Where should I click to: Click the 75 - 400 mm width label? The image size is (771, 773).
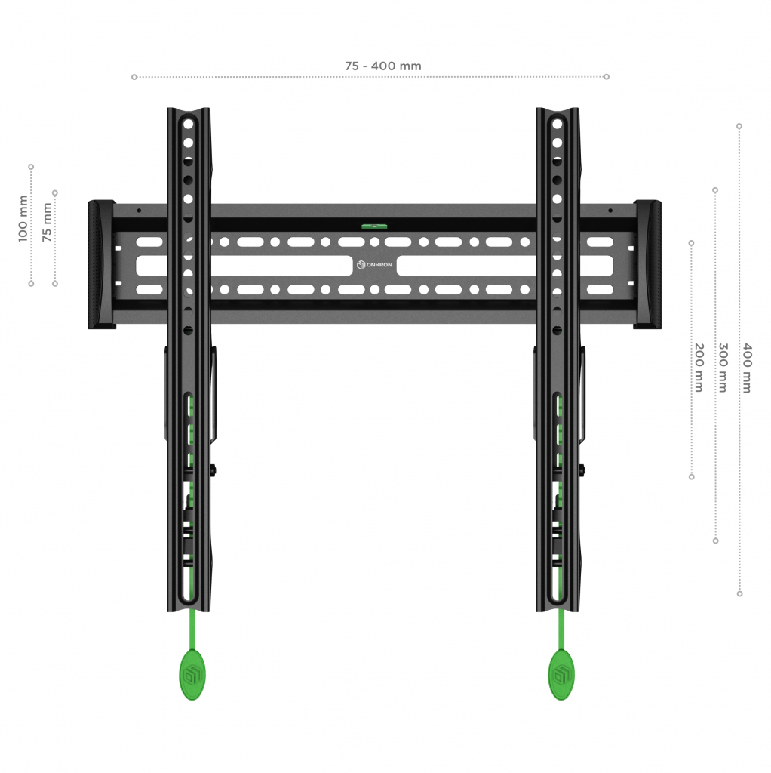point(382,66)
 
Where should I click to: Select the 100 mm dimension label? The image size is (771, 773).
point(23,219)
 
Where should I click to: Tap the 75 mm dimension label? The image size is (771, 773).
point(47,222)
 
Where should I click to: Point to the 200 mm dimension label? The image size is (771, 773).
point(699,368)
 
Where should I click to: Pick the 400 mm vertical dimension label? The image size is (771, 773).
point(748,368)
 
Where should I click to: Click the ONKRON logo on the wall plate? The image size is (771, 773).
point(374,265)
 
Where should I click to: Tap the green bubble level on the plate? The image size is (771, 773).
point(374,226)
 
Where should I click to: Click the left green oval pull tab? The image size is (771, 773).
point(192,674)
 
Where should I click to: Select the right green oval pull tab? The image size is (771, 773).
point(561,674)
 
